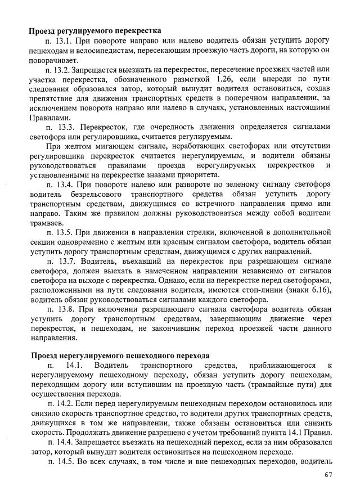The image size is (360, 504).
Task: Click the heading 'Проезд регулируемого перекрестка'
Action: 95,30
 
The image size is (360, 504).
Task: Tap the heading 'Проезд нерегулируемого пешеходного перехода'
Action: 120,355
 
